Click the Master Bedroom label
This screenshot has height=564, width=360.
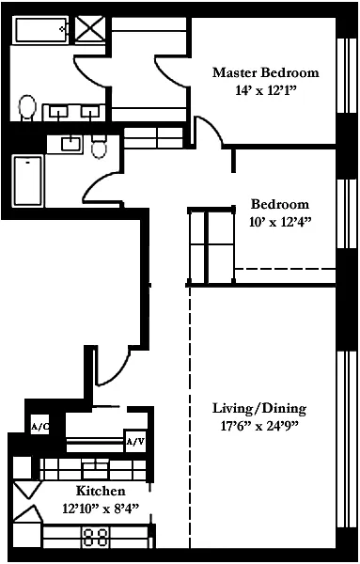pos(265,72)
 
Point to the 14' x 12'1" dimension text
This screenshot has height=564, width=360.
pos(265,90)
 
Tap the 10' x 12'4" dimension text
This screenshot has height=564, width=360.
pos(279,222)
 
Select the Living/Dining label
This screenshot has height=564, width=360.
pos(259,409)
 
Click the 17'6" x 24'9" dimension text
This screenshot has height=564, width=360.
pos(259,426)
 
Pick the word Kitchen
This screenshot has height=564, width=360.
pos(101,491)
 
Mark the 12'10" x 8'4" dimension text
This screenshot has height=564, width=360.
pos(101,509)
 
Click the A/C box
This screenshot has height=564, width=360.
pos(39,427)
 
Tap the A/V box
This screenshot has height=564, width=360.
pos(135,441)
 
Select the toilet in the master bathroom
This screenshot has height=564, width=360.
pos(27,107)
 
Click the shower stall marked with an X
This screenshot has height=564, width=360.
pos(90,29)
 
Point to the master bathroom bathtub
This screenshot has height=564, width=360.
pos(41,29)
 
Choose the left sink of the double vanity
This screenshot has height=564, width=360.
pos(58,112)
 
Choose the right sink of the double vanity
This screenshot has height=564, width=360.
pos(90,112)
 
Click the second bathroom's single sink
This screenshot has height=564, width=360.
pos(72,144)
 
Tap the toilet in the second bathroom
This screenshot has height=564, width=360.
pos(99,148)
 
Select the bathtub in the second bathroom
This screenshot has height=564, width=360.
pos(28,180)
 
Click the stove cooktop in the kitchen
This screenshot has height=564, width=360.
pos(96,537)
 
